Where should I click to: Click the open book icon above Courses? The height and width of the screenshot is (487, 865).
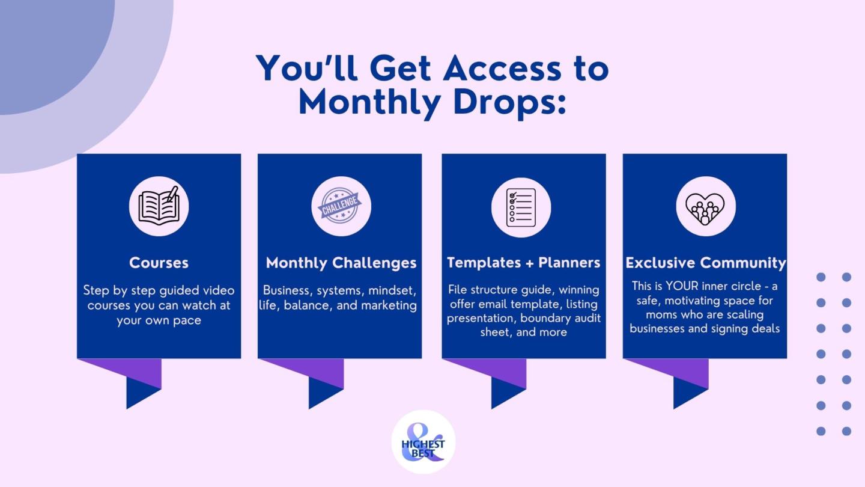click(159, 206)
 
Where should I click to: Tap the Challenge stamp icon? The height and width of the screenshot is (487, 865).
click(340, 206)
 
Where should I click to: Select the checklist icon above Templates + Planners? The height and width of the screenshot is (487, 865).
click(521, 207)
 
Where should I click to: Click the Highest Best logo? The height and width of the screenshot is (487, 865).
click(423, 442)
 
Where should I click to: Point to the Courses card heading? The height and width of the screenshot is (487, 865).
click(159, 263)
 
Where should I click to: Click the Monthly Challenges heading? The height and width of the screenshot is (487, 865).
click(341, 263)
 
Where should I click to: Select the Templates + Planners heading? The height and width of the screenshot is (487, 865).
click(523, 263)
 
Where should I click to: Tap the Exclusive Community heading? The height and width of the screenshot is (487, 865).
click(706, 263)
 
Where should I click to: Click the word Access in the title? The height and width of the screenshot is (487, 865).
click(502, 69)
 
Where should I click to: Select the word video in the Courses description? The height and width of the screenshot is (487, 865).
click(219, 290)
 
